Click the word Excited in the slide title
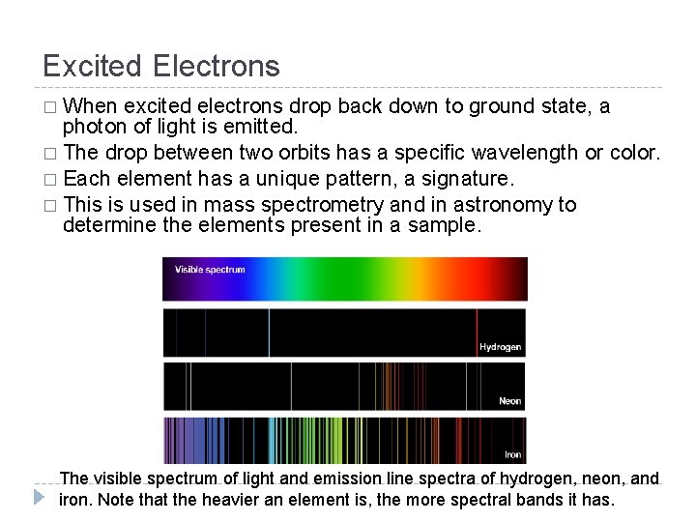point(94,66)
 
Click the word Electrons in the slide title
point(217,66)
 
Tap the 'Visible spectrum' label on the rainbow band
point(210,270)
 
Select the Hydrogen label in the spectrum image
point(500,347)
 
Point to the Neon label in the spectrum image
point(509,400)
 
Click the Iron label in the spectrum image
point(512,454)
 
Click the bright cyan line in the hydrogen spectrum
point(269,332)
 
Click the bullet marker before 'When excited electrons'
point(49,107)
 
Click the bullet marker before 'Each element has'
point(49,180)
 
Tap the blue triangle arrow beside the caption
point(39,498)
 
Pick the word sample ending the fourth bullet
point(447,226)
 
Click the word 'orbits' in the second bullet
point(301,153)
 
